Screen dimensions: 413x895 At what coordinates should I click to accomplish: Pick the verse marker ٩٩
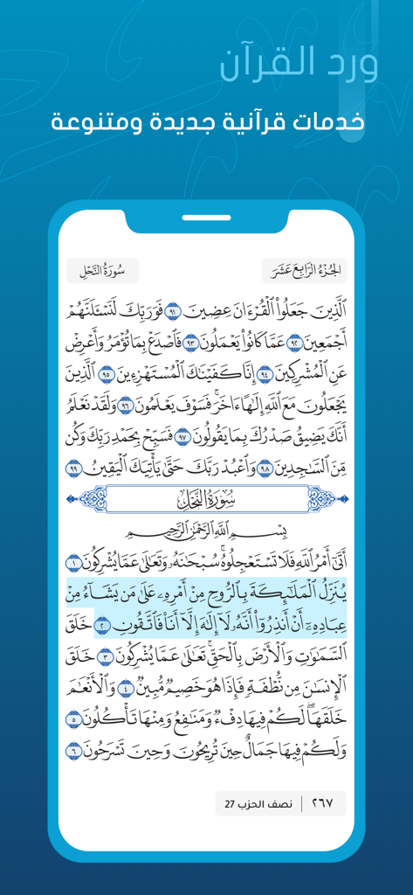(73, 469)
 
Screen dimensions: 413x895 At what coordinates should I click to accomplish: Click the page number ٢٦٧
(322, 803)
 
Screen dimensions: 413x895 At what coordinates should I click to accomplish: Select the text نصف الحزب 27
(259, 803)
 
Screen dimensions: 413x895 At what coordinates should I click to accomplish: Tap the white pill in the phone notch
(207, 218)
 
